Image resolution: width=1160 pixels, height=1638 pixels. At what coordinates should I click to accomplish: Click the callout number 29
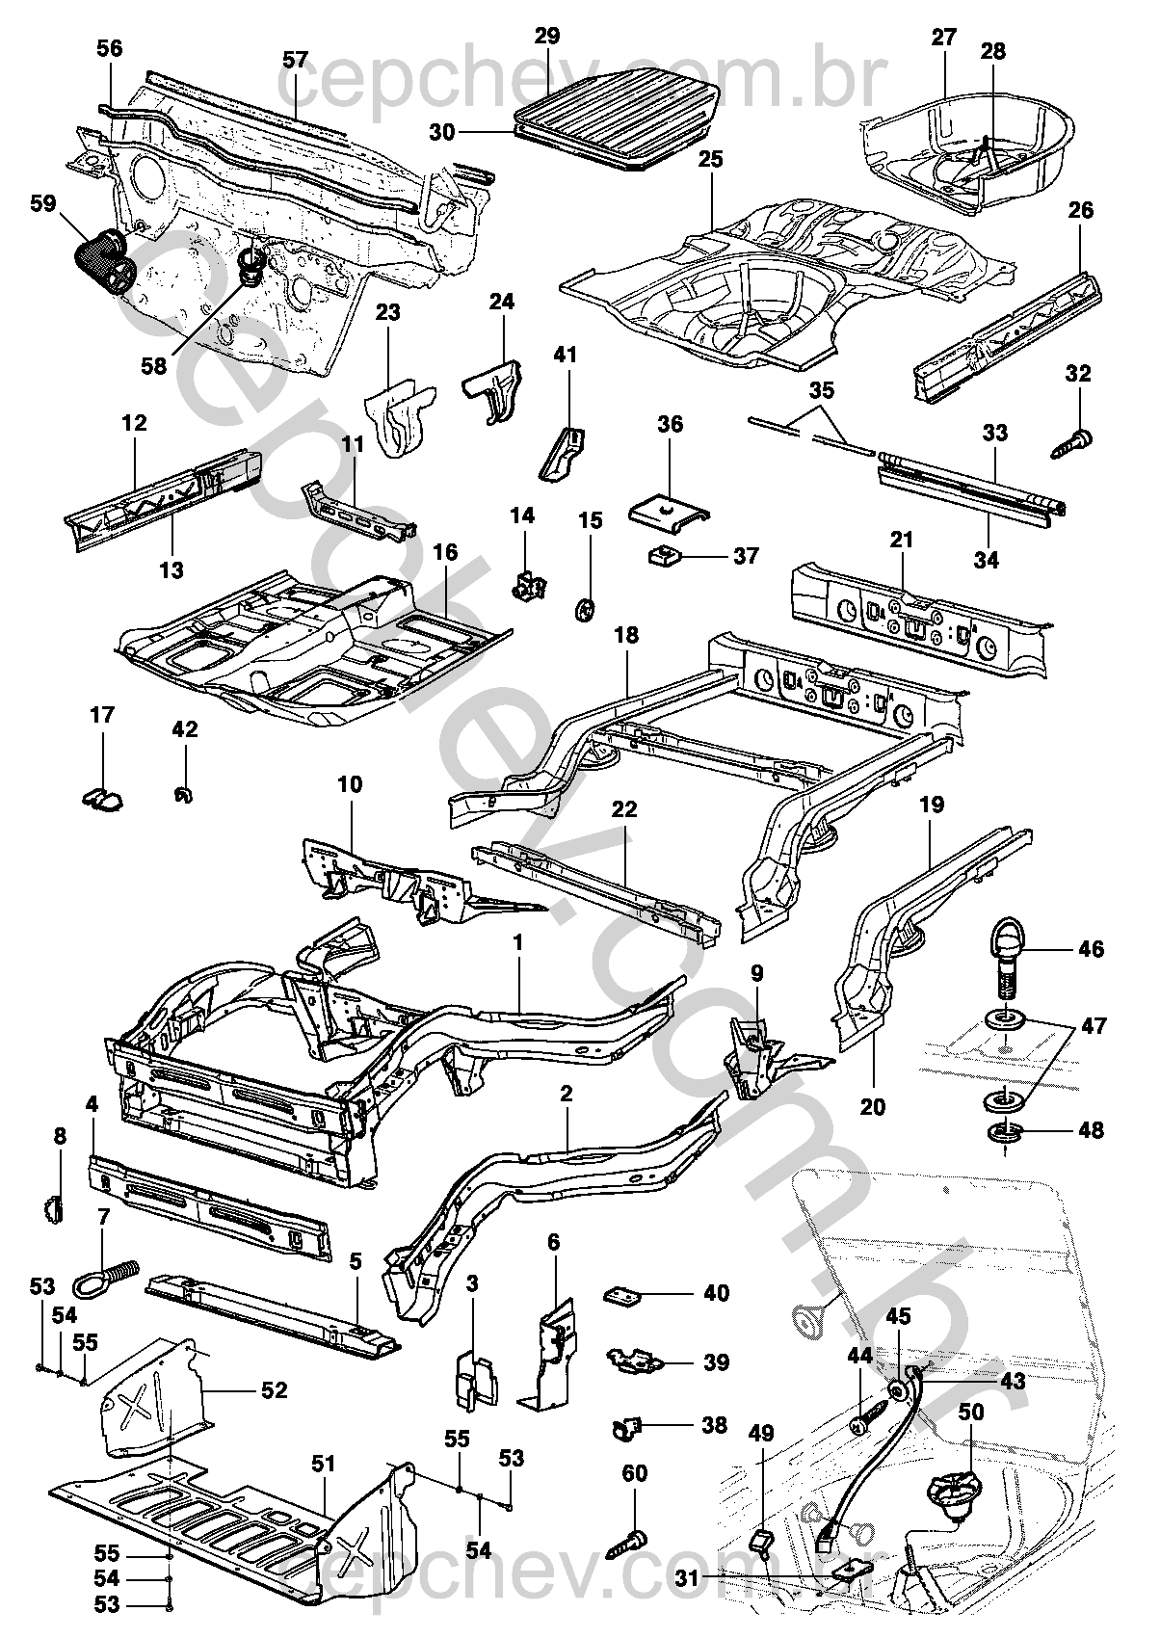[547, 37]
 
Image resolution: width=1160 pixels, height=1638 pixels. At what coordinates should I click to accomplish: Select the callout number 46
[1091, 949]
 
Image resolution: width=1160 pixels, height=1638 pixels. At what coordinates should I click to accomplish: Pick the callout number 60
[636, 1473]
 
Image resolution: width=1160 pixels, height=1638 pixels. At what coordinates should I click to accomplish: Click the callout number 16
[445, 552]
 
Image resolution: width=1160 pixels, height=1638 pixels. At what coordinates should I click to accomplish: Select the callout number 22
[624, 809]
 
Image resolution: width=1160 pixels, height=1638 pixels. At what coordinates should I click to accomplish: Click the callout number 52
[275, 1390]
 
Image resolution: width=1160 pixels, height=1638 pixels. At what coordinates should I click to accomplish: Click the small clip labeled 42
[180, 794]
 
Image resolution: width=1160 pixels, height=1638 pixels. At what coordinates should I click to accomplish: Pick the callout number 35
[822, 391]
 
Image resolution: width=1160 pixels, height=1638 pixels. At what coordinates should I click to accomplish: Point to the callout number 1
[518, 942]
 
